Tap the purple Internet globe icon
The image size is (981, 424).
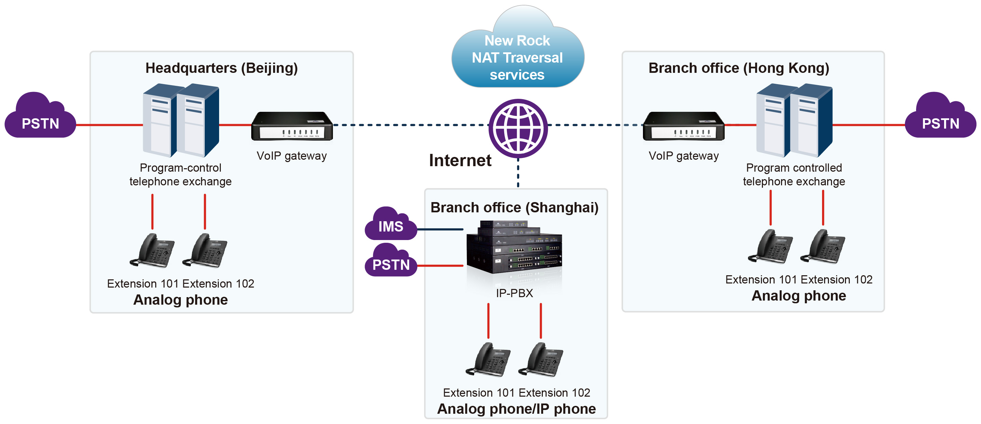click(x=518, y=128)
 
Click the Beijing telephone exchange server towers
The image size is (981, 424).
click(x=180, y=120)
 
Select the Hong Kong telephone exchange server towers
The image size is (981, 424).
click(x=794, y=120)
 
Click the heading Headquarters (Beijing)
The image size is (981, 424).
click(x=221, y=68)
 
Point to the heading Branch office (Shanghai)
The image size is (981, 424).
click(x=514, y=208)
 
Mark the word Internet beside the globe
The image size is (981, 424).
click(x=460, y=160)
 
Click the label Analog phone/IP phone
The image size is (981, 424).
click(x=516, y=409)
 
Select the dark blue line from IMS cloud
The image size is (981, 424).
click(x=440, y=229)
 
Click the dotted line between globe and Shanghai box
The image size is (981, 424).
click(x=518, y=173)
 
